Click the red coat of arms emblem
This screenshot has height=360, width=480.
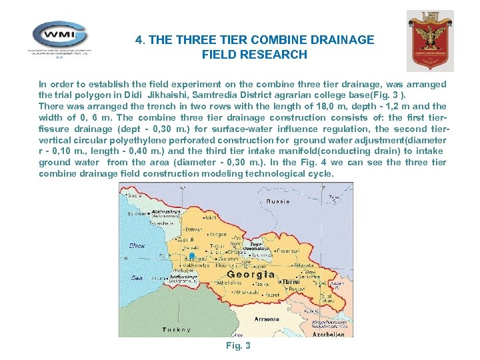430,40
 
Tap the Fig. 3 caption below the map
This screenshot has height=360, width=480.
238,345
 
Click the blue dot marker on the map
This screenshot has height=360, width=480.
191,256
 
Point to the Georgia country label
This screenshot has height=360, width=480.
251,274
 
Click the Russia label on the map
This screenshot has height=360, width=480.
277,201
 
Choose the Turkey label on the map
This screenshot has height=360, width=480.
177,329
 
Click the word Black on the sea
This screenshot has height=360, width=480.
137,245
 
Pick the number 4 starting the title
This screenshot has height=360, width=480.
139,40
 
